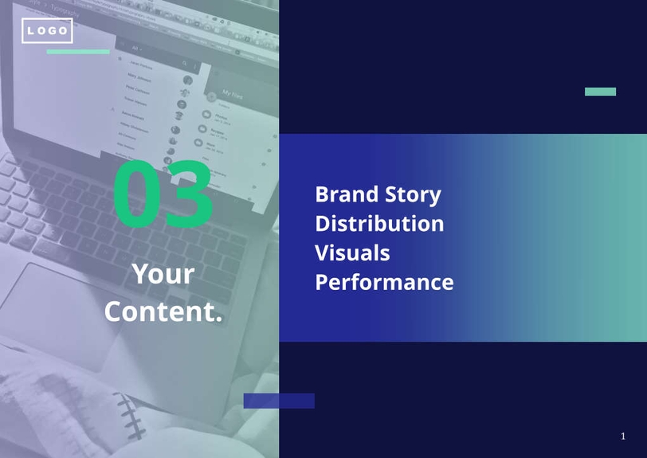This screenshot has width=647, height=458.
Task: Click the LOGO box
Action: coord(47,31)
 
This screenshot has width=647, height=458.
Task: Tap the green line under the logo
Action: coord(77,52)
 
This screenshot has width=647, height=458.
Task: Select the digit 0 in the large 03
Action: coord(137,194)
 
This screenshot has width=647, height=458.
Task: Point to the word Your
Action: coord(163,274)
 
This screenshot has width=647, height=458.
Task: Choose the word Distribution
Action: coord(379,223)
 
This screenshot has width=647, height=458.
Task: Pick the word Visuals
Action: coord(352,252)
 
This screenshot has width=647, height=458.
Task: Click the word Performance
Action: coord(384,282)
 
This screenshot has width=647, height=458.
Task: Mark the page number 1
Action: coord(623,436)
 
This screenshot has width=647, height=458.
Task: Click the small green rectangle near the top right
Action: coord(600,92)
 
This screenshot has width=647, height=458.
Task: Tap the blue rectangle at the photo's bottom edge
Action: coord(279,401)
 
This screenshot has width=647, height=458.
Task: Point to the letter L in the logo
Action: coord(31,31)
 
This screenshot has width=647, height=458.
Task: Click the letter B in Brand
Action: coord(322,194)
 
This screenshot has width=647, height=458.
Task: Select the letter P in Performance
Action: coord(322,282)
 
